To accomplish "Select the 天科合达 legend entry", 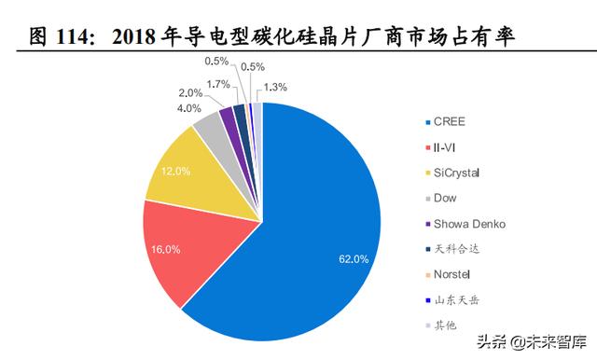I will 451,249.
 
